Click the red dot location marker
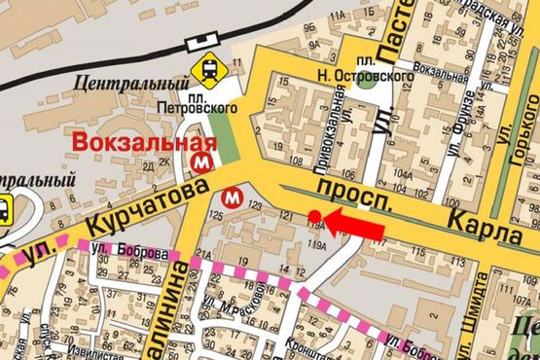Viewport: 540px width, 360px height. (314, 215)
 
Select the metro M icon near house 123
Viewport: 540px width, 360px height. (233, 196)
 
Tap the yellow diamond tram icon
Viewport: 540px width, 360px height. (207, 69)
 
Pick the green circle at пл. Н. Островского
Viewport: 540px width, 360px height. (366, 81)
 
